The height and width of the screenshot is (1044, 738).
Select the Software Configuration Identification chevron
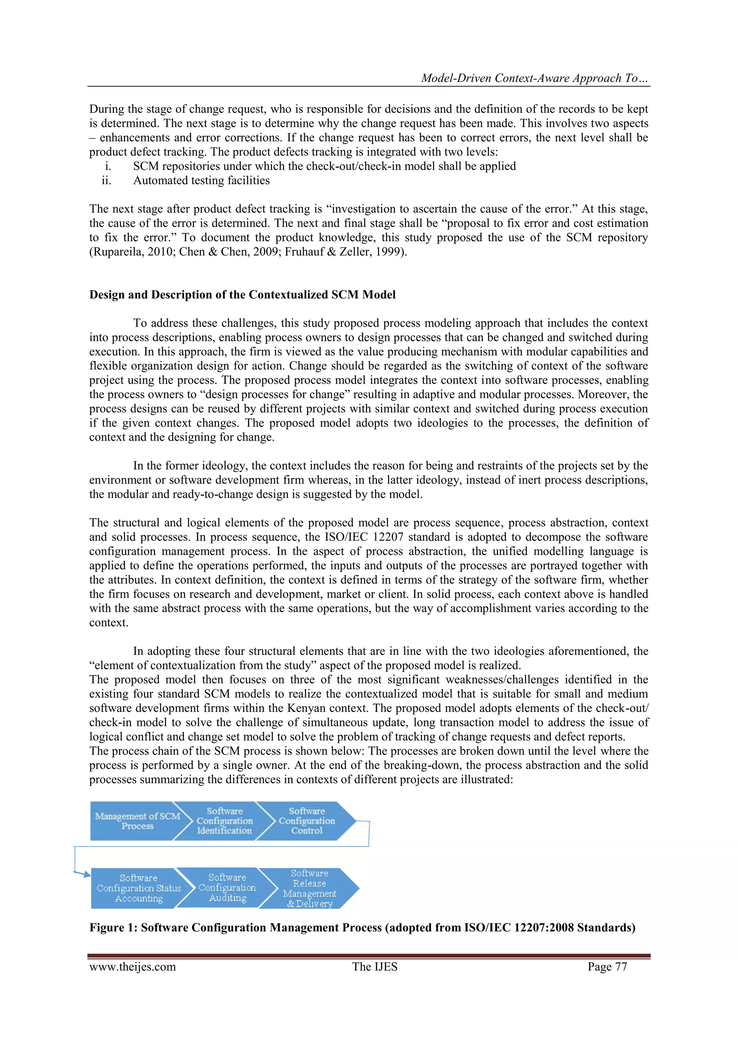point(224,821)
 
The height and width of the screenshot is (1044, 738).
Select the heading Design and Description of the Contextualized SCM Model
point(242,295)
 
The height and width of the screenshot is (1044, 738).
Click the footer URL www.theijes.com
point(132,967)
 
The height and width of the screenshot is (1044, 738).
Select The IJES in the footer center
point(374,967)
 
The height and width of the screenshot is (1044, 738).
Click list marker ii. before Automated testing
point(106,181)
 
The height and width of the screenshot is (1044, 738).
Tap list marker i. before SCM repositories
point(108,166)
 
